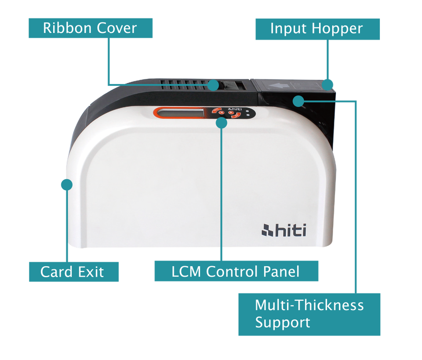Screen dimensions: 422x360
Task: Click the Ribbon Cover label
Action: point(91,28)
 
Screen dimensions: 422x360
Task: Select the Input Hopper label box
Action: point(317,29)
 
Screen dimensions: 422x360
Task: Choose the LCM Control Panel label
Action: point(236,271)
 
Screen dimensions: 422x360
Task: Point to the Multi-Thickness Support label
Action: point(309,313)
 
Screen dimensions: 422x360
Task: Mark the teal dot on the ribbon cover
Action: point(213,84)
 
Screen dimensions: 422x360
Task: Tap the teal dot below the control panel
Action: point(222,123)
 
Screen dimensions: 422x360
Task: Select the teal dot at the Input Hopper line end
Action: point(328,84)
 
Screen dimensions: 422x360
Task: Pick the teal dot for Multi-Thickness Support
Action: point(298,101)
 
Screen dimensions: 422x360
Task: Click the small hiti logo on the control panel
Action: point(236,110)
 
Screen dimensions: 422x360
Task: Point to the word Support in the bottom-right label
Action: point(283,322)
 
